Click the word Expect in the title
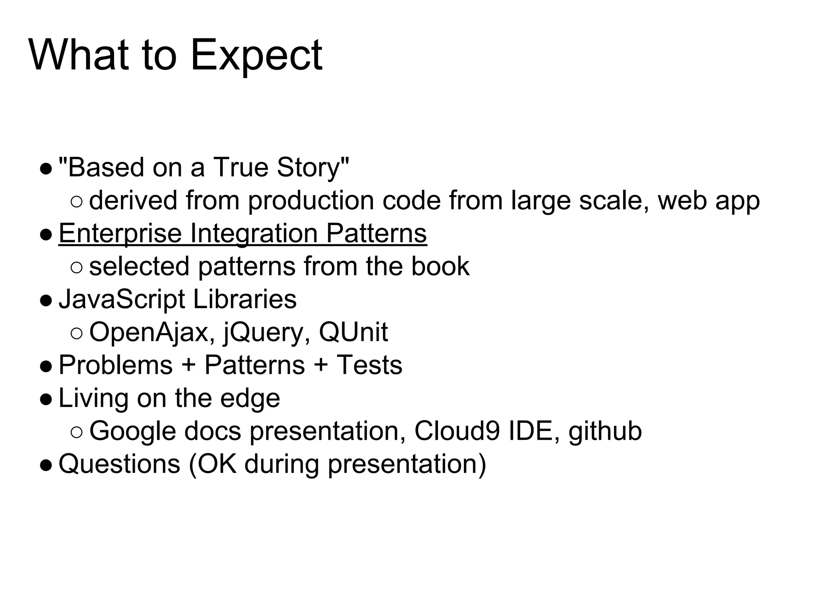tap(256, 56)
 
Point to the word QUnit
tap(353, 332)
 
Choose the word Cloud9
tap(457, 431)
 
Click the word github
tap(605, 431)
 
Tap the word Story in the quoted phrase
tap(308, 167)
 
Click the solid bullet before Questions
tap(46, 465)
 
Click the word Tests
tap(369, 365)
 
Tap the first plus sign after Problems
tap(189, 365)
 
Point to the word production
tap(311, 200)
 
